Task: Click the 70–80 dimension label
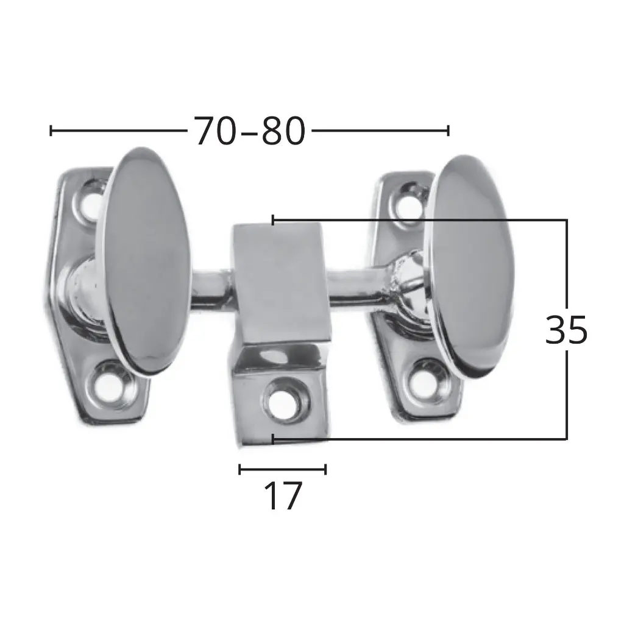click(x=250, y=131)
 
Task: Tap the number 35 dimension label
click(x=566, y=330)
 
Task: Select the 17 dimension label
click(x=283, y=495)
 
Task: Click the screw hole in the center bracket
click(x=283, y=402)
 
